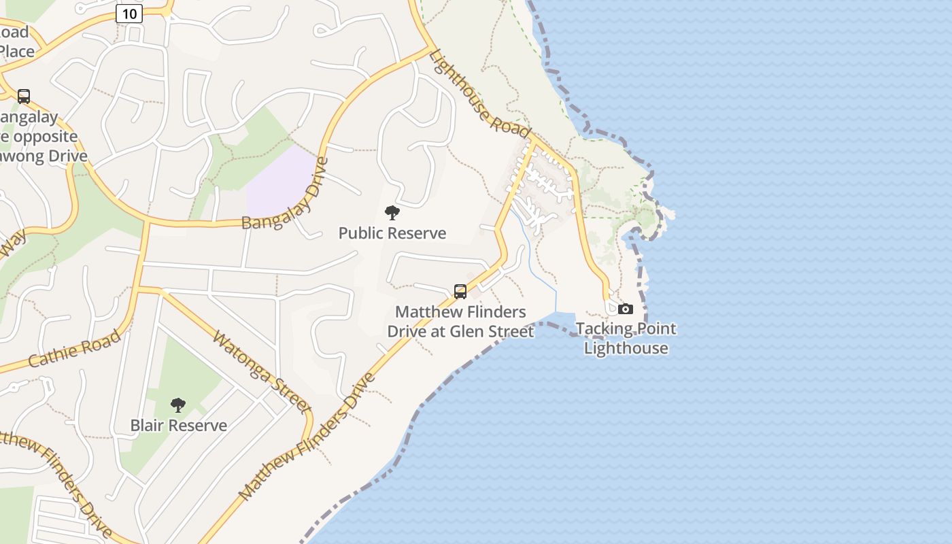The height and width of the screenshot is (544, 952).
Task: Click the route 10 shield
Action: coord(129,14)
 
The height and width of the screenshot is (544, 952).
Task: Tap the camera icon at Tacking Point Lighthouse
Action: coord(626,309)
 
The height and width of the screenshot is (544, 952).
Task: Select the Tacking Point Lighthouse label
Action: coord(626,339)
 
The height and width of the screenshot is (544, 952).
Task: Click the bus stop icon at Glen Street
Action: coord(460,292)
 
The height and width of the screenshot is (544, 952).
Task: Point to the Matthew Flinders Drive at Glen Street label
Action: coord(460,322)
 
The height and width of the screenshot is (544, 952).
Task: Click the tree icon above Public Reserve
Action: coord(392,213)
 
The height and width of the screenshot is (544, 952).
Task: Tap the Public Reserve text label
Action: coord(392,233)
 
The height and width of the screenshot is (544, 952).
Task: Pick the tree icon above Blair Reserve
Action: coord(178,405)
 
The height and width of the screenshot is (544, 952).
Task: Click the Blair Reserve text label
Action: coord(179,426)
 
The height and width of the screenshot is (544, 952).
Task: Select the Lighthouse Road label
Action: coord(479,94)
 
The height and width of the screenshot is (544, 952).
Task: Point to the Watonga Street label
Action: coord(261,371)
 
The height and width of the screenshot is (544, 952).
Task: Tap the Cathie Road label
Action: coord(75,349)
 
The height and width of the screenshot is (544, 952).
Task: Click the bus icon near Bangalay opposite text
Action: coord(24,97)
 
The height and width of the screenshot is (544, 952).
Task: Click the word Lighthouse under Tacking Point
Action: coord(626,349)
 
